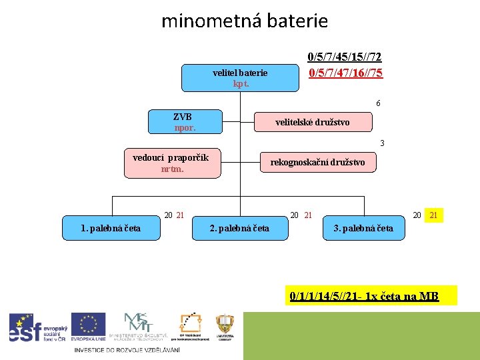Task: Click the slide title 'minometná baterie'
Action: [245, 21]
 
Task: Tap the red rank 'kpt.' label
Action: [241, 84]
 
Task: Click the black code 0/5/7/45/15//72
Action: [345, 59]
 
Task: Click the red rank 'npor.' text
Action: [185, 127]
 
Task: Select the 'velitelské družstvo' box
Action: [313, 122]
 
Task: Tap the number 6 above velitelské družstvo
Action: [378, 103]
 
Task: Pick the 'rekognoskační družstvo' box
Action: [317, 162]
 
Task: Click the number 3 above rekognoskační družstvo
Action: [382, 143]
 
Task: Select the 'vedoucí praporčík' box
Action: [171, 164]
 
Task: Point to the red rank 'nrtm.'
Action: [172, 169]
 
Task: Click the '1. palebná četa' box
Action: [111, 228]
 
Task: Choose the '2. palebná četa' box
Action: [240, 228]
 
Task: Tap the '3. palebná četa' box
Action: [363, 228]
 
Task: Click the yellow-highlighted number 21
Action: [434, 215]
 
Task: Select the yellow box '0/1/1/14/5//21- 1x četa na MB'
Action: [365, 296]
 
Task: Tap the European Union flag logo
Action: [88, 327]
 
